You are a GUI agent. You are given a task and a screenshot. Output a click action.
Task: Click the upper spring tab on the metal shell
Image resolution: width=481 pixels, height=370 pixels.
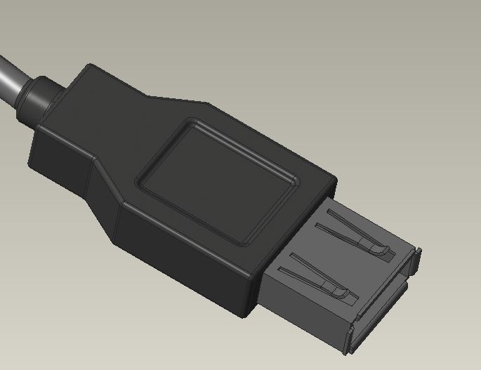351,235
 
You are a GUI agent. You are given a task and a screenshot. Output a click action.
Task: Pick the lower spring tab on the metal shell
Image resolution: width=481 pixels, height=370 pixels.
316,280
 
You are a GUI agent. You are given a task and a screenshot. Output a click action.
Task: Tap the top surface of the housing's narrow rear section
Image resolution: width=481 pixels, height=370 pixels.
119,105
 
